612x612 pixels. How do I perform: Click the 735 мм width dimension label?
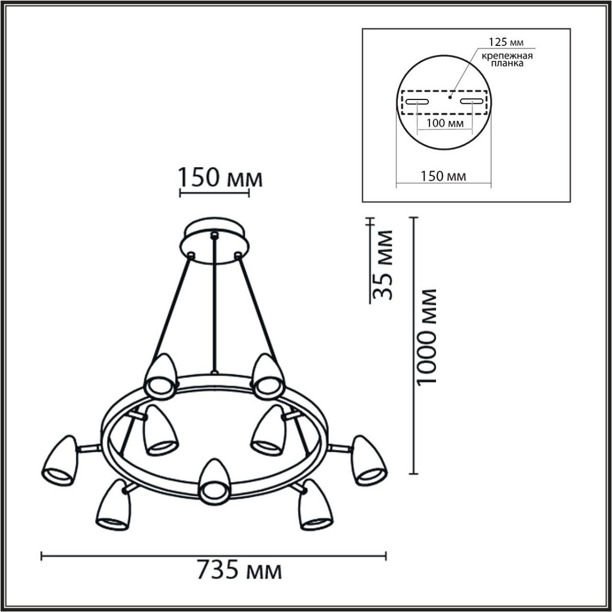coord(239,570)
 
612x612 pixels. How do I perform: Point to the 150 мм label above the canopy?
coord(220,178)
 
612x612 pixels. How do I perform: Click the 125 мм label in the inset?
coord(506,42)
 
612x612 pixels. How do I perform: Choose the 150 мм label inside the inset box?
coord(443,176)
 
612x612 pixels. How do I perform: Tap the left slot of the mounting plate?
coord(417,101)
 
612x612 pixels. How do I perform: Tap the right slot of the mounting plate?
coord(471,101)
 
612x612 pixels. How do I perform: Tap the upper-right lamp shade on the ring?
coord(267,376)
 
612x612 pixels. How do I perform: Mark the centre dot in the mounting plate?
coord(449,95)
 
